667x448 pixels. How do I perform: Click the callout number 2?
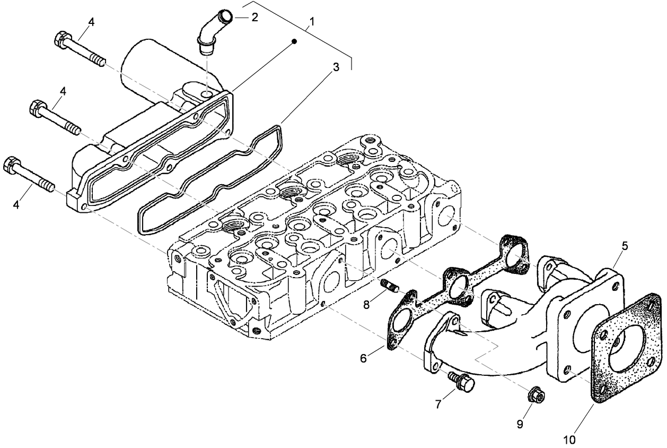[x=254, y=17]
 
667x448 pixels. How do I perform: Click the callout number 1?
[x=312, y=22]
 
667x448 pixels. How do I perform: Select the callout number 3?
[x=336, y=68]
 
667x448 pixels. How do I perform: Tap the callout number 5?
[x=625, y=246]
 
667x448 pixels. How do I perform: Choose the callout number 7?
[x=438, y=404]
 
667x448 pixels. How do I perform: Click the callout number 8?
[x=366, y=304]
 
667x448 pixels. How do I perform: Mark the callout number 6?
[x=363, y=358]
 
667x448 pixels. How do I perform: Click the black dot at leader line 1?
[x=295, y=41]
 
